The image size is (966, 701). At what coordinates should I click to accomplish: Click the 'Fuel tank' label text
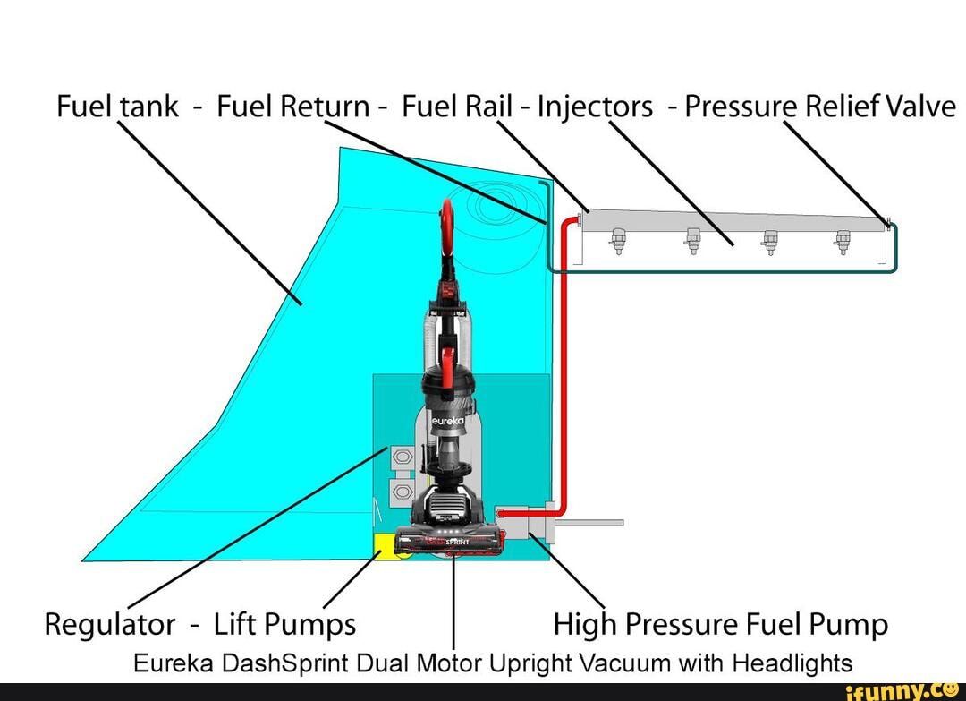115,107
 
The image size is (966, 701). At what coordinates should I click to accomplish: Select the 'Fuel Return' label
292,107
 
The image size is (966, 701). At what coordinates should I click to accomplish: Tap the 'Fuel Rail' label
456,107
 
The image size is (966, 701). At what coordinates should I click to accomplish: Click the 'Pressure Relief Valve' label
820,107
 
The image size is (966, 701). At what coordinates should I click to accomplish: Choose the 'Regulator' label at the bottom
110,623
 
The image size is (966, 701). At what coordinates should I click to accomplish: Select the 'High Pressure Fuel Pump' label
721,623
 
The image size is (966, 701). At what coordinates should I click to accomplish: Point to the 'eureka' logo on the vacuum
446,419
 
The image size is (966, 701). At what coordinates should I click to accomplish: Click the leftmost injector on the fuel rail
616,240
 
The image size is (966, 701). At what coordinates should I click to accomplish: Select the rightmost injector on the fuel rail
841,240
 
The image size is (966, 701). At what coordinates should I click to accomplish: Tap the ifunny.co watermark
895,690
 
